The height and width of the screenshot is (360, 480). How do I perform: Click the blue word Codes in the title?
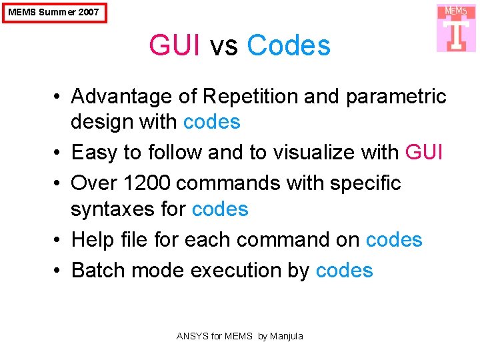click(289, 46)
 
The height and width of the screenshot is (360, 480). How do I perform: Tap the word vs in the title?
click(223, 46)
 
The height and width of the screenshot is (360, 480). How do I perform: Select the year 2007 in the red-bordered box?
click(87, 12)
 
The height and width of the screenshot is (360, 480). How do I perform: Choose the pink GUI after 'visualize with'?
click(424, 153)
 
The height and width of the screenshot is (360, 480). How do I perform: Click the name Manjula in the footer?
click(287, 336)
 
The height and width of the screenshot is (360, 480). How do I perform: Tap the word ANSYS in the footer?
click(192, 336)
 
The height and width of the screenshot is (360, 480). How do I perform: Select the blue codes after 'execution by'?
click(344, 270)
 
